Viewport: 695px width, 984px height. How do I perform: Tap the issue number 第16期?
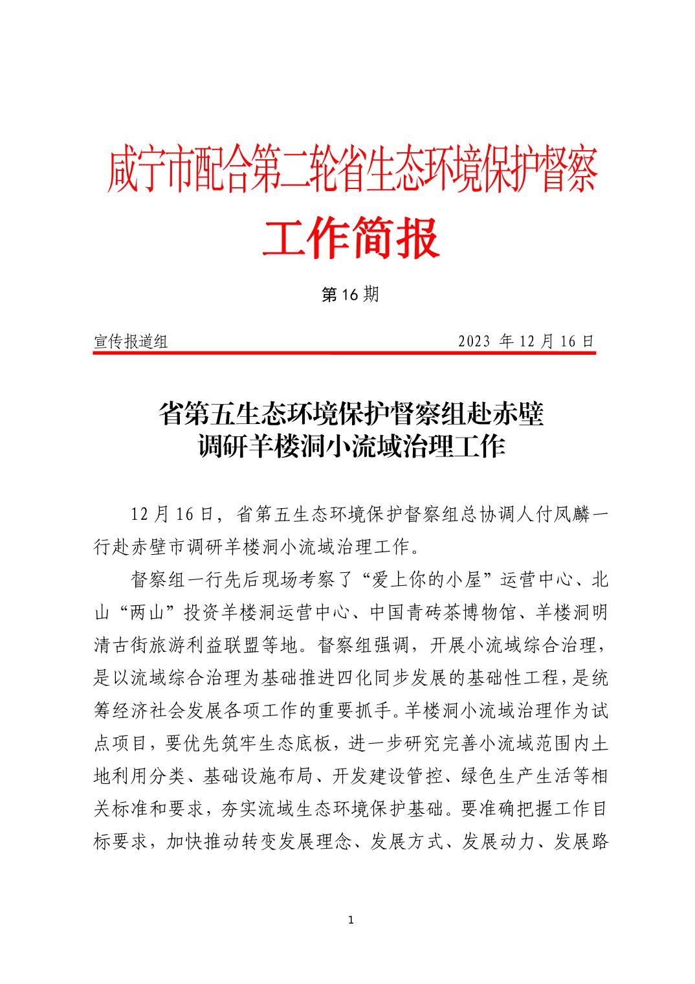(x=350, y=295)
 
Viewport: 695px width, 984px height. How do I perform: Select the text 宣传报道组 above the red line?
(x=131, y=342)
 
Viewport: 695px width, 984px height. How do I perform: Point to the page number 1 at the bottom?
(x=350, y=920)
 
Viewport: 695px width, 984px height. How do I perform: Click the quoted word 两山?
(x=149, y=612)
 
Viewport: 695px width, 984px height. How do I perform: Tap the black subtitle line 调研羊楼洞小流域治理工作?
(x=351, y=447)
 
